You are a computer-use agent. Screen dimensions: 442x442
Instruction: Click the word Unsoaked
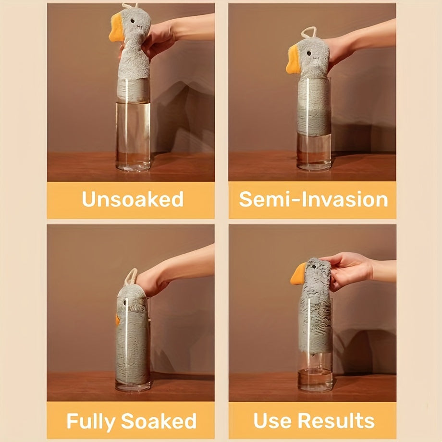click(133, 199)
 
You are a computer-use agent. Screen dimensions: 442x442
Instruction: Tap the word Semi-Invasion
click(313, 199)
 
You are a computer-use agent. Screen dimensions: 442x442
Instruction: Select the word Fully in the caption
click(91, 421)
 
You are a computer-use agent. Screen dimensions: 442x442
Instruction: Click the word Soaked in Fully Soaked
click(159, 421)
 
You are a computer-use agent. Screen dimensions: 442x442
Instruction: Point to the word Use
click(272, 421)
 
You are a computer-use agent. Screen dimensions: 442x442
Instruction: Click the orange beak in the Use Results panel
click(298, 274)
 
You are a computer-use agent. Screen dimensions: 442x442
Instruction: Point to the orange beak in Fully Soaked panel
click(117, 319)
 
